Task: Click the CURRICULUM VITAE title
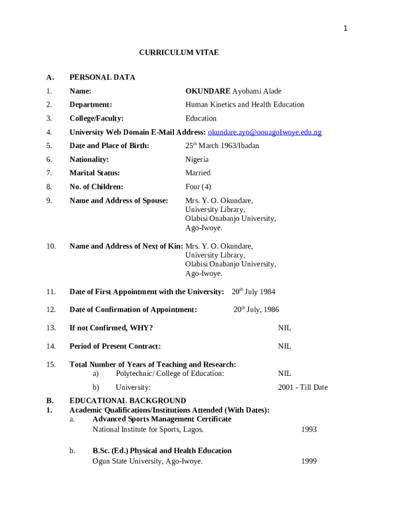179,53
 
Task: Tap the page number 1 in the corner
345,29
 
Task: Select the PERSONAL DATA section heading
102,78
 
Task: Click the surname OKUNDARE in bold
208,91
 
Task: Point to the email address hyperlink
265,132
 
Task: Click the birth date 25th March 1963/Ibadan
222,146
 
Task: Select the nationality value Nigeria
197,159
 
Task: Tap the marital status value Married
198,173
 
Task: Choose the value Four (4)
198,187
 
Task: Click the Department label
91,105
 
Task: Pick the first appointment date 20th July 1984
253,292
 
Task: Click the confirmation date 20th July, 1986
256,310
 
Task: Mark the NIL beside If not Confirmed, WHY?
284,328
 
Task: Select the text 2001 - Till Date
303,388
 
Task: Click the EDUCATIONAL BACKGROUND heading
127,401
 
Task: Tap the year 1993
309,430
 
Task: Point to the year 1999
309,462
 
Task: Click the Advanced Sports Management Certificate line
162,419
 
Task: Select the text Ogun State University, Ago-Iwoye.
147,462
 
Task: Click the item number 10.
51,246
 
